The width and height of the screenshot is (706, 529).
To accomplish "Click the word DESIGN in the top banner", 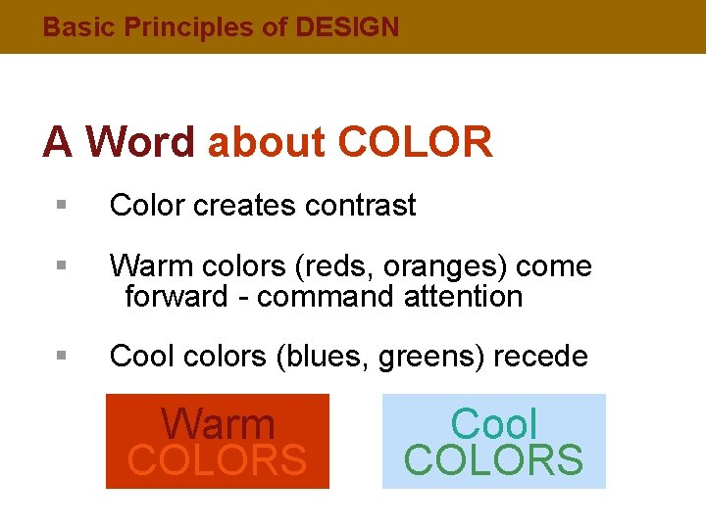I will [347, 27].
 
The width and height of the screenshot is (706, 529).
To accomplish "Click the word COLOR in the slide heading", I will [415, 142].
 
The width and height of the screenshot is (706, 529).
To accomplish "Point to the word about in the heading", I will [266, 142].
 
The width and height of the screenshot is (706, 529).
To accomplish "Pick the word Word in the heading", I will [140, 142].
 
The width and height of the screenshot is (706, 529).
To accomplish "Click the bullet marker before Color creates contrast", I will [61, 206].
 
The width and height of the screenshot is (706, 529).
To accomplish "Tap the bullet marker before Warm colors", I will [61, 266].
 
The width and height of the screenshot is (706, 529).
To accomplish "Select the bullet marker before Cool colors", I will [61, 357].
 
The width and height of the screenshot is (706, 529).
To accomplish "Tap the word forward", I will [176, 296].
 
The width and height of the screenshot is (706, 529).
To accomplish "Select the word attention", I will [463, 296].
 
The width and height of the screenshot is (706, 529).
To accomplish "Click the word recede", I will [540, 357].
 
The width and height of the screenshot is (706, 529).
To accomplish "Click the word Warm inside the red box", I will [218, 424].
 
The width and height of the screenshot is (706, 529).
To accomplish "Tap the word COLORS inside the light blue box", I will [494, 459].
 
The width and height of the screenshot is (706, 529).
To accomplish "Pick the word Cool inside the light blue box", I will [494, 424].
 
